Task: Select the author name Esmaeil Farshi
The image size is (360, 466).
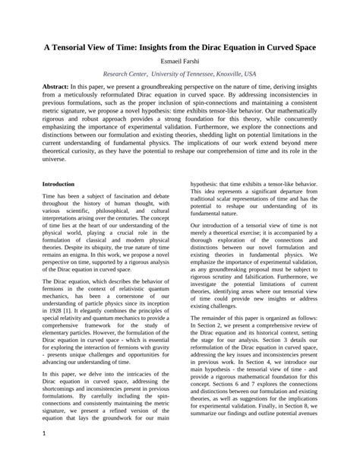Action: (x=180, y=60)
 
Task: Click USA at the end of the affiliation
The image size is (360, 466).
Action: (x=250, y=74)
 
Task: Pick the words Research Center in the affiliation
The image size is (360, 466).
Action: (x=125, y=74)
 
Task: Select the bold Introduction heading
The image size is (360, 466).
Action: (x=58, y=184)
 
